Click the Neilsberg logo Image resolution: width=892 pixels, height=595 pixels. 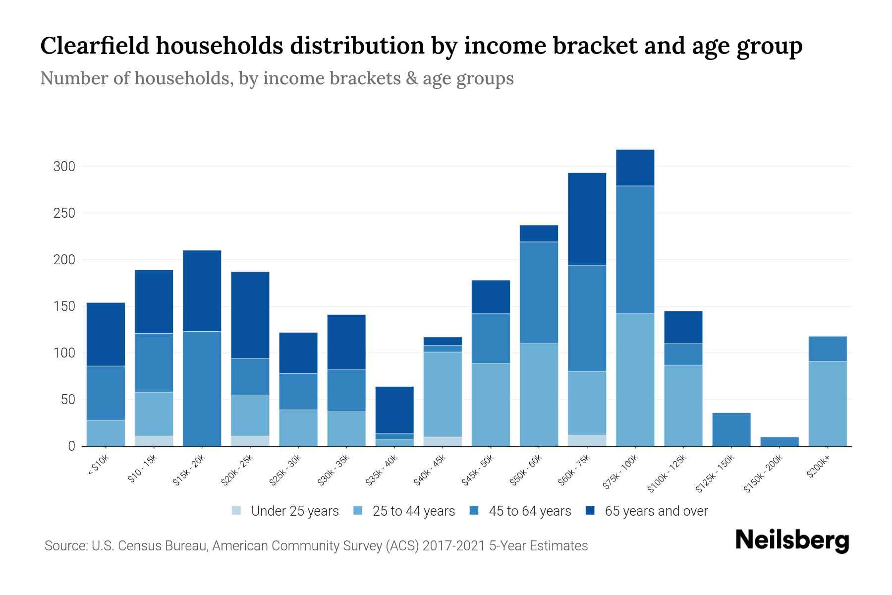pos(792,540)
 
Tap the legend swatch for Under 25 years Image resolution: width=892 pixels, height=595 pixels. pos(237,511)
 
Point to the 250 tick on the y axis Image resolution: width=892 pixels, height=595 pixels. pos(64,213)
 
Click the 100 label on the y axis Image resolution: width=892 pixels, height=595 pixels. pos(64,353)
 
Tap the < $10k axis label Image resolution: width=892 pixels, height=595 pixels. pos(98,466)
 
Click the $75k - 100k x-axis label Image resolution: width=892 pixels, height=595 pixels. pos(621,474)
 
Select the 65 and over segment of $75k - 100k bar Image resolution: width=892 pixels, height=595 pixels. pos(635,168)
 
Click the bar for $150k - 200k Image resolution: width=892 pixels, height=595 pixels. pos(780,441)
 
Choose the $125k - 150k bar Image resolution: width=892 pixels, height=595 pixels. pos(731,429)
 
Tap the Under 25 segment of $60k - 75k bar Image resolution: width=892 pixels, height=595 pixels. pos(587,440)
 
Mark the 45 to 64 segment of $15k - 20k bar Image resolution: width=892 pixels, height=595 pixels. pos(202,388)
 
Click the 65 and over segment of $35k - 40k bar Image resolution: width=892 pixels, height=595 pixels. pos(394,410)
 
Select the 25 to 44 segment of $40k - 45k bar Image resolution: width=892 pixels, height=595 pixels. pos(443,395)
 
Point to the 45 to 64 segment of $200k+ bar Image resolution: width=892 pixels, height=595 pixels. pos(828,349)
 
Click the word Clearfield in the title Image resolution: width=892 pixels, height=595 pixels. pos(94,46)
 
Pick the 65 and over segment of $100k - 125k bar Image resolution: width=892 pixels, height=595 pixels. pos(683,327)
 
